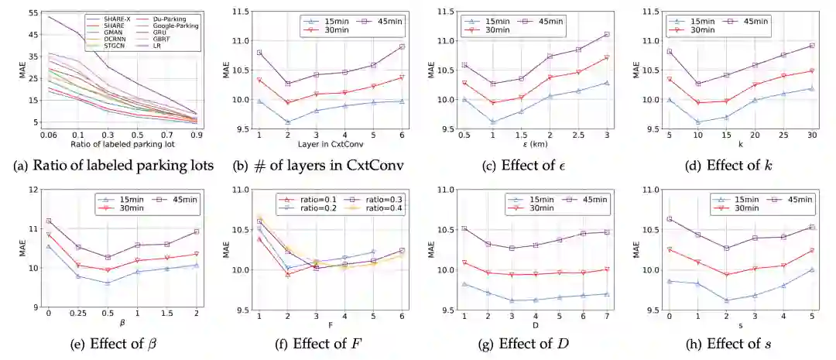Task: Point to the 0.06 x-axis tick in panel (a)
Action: tap(50, 135)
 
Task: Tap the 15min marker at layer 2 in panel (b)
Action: tap(288, 122)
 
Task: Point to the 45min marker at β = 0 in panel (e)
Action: tap(49, 221)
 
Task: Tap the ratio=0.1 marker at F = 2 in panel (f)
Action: tap(287, 274)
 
